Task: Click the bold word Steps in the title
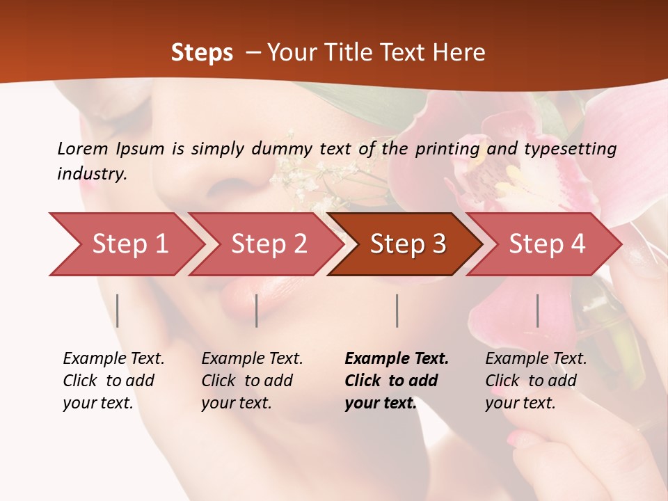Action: tap(202, 53)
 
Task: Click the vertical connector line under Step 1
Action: tap(118, 310)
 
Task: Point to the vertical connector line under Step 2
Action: tap(257, 310)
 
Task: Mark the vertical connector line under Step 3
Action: tap(397, 310)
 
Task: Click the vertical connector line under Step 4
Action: tap(537, 310)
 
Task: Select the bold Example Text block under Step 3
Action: tap(396, 381)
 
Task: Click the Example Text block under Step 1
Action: tap(113, 381)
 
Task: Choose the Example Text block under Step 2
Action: tap(252, 381)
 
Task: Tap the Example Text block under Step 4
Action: tap(536, 381)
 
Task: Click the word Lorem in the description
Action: tap(83, 148)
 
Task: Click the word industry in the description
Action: tap(91, 174)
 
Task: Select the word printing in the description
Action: tap(447, 149)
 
